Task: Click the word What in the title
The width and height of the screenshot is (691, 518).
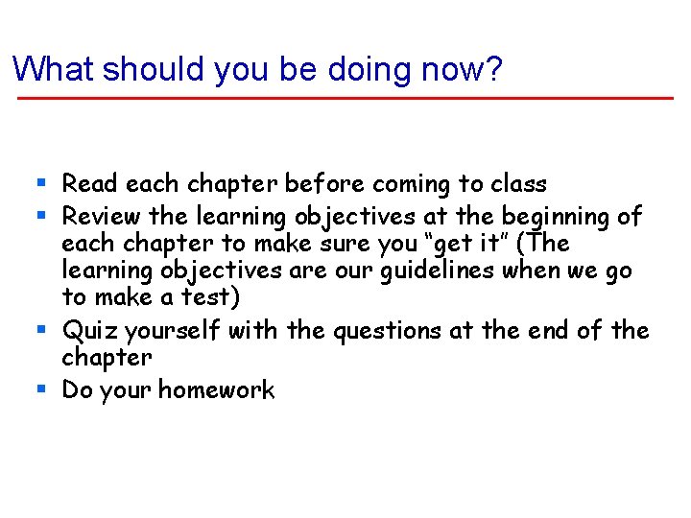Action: (x=53, y=69)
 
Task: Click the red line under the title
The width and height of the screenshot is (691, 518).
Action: (x=345, y=98)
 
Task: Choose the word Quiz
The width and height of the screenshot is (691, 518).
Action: (x=89, y=332)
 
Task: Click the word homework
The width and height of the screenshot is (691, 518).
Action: (x=216, y=389)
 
